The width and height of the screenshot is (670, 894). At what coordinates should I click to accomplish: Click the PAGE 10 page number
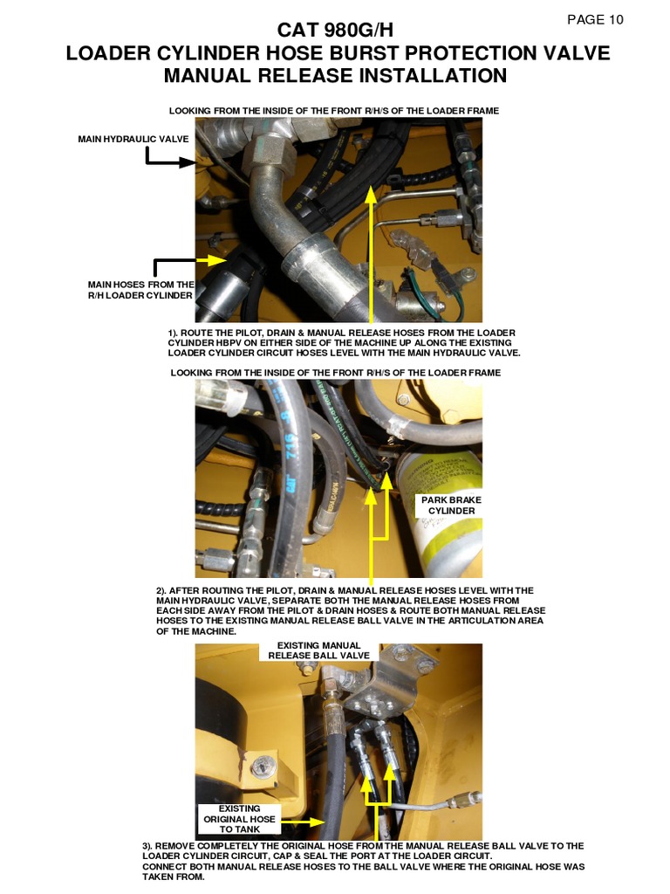click(x=595, y=19)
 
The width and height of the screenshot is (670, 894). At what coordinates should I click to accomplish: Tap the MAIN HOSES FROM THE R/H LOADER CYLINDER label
click(x=140, y=290)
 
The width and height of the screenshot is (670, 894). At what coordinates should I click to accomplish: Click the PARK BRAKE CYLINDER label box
click(x=451, y=505)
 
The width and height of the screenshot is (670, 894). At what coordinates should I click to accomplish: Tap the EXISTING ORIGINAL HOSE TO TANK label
click(x=239, y=819)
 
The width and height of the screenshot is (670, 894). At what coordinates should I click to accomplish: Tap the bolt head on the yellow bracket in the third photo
click(x=258, y=767)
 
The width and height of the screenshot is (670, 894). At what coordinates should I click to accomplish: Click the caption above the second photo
click(x=335, y=373)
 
